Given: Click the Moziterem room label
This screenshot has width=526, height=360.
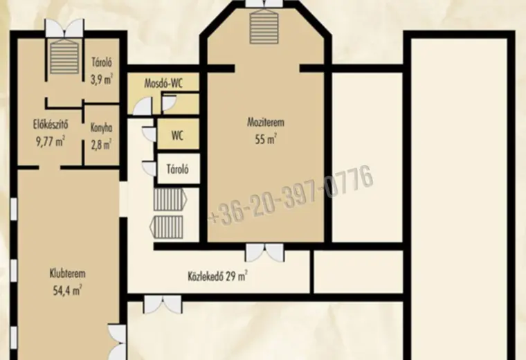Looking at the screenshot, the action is click(x=265, y=122).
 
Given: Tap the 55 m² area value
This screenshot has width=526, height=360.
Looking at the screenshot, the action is click(x=265, y=138).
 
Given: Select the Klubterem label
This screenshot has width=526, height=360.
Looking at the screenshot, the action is click(x=67, y=273).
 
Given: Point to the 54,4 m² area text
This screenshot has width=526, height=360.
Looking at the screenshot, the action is click(x=67, y=290).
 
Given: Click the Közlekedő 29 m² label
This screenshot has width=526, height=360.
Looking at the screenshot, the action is click(x=218, y=276).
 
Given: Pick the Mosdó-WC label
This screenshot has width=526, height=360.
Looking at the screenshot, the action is click(x=163, y=83).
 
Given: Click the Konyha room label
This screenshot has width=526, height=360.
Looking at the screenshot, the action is click(x=101, y=128).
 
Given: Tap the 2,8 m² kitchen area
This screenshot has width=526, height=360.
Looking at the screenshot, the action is click(x=101, y=145).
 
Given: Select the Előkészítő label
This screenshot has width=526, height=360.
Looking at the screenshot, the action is click(x=51, y=125).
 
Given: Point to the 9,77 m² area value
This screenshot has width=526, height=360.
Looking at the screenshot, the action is click(x=51, y=141).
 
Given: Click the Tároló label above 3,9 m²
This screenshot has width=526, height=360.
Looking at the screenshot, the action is click(x=102, y=63).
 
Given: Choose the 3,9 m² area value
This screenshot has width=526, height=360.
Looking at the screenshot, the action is click(x=101, y=80).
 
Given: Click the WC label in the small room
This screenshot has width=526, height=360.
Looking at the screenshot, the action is click(x=177, y=136).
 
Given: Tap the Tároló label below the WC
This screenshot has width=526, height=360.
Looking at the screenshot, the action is click(x=178, y=169).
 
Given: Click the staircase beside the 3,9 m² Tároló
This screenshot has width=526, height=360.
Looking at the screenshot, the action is click(x=64, y=56).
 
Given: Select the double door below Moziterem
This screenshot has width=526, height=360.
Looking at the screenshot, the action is click(x=264, y=253).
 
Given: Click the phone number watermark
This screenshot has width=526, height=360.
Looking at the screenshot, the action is click(x=291, y=195).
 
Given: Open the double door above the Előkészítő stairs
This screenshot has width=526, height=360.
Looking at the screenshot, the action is click(x=64, y=28).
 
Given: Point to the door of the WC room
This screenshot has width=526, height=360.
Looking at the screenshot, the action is click(x=149, y=134).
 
